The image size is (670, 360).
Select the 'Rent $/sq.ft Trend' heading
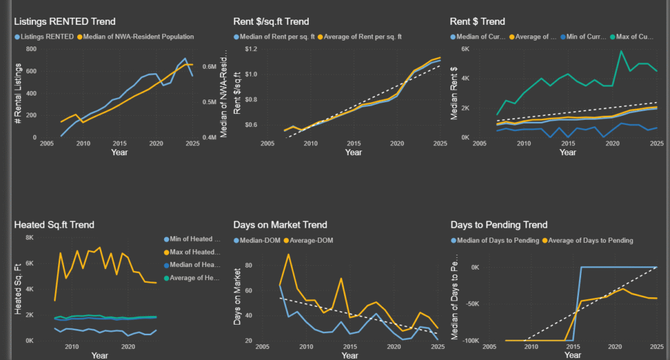[271, 22]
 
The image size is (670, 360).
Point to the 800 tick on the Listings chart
[31, 49]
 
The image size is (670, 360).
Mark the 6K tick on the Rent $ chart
[466, 49]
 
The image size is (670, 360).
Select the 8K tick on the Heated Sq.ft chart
[29, 238]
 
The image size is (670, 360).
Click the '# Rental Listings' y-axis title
[18, 92]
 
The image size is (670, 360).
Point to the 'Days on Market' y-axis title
[238, 295]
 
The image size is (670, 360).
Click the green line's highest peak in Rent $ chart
[621, 51]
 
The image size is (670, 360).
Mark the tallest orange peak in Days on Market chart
[289, 255]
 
